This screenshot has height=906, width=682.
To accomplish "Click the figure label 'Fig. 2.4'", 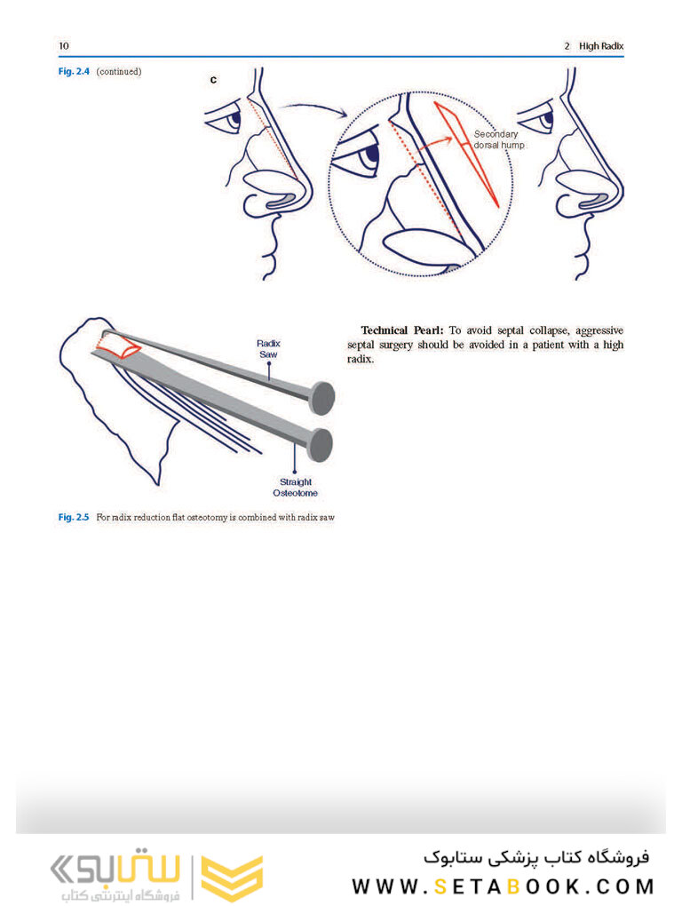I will coord(73,71).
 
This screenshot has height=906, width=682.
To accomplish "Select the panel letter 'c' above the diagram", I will coord(213,81).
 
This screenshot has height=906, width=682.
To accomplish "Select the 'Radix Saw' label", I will coord(268,348).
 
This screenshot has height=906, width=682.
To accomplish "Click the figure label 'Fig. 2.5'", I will coord(74,516).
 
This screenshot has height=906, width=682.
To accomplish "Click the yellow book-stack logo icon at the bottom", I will coord(232,878).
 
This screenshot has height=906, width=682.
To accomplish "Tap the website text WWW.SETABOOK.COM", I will coord(503,886).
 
